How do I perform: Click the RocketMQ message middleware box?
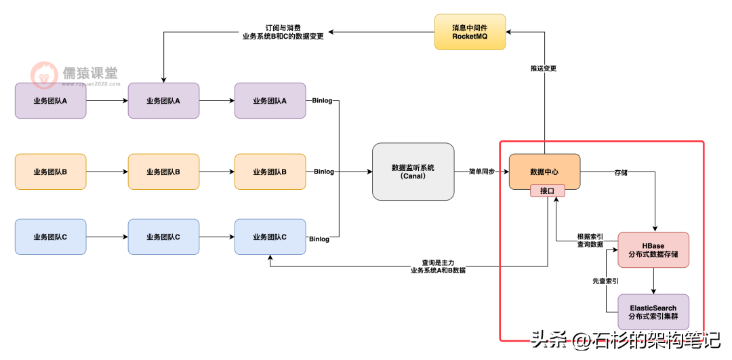coord(470,31)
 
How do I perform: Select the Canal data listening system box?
coord(413,172)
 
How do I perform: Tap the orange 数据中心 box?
coord(544,172)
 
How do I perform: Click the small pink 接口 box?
coord(548,191)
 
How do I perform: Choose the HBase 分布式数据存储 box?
coord(653,249)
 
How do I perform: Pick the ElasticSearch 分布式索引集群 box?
coord(653,312)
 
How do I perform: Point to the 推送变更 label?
coord(544,68)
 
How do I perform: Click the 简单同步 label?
coord(481,172)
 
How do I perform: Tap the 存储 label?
coord(620,172)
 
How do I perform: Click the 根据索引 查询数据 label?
coord(590,240)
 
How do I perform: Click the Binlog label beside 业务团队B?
coord(324,172)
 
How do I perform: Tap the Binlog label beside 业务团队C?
coord(319,239)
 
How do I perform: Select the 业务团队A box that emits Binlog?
coord(270,100)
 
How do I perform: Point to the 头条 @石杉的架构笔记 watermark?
coord(624,339)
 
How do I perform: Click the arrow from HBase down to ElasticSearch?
coord(653,281)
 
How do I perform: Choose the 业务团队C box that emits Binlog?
coord(270,237)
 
